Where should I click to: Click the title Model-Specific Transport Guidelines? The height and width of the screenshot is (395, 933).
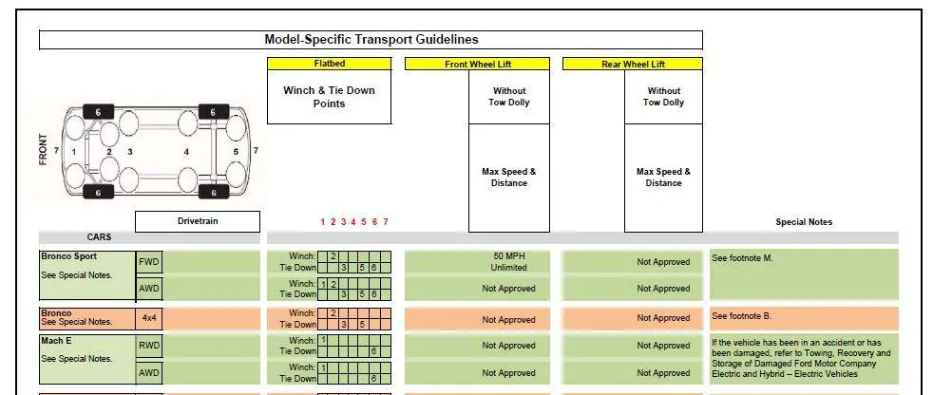point(371,40)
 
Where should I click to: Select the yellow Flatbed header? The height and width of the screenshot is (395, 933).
point(329,64)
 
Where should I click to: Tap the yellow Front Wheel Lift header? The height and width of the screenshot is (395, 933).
point(477,65)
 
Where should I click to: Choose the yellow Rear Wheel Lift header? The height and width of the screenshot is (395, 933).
point(633,65)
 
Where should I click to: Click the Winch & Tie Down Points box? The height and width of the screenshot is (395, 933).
point(329,97)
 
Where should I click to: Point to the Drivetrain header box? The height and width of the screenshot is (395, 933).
point(198,221)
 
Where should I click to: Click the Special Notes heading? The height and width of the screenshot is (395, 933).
point(804,222)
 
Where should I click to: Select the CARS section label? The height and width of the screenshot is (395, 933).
point(99,237)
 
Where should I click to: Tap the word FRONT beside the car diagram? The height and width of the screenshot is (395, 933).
point(43,149)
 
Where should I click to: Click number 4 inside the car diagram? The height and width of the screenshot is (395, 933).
point(186,152)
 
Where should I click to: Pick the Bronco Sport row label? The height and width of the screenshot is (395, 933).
point(69,256)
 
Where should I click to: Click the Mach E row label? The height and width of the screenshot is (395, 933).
point(57,341)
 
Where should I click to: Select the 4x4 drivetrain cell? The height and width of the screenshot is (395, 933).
point(149,318)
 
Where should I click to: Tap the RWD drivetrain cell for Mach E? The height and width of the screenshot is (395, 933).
point(149,346)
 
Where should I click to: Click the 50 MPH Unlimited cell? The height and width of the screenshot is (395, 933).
point(508,262)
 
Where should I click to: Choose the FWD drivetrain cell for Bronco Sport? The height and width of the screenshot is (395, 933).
point(149,262)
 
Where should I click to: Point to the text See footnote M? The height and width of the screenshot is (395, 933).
point(742,258)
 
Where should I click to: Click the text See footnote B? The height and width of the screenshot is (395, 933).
point(741,316)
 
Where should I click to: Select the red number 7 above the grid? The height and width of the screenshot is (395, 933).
point(386,222)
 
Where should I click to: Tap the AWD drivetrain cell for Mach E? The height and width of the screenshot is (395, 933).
point(149,373)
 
